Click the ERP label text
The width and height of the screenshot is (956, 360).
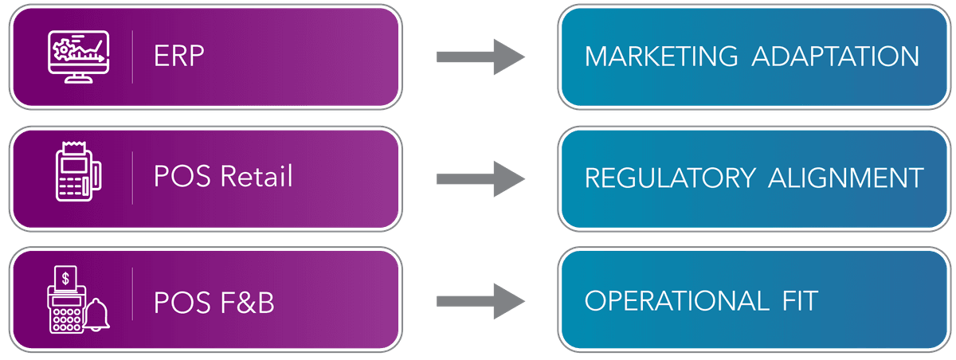tap(180, 57)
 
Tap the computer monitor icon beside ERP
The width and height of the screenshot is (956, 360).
tap(77, 56)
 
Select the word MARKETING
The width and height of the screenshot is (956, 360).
tap(661, 57)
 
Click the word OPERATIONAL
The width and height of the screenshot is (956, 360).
tap(672, 301)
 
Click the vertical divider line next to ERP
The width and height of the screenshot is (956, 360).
tap(132, 56)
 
